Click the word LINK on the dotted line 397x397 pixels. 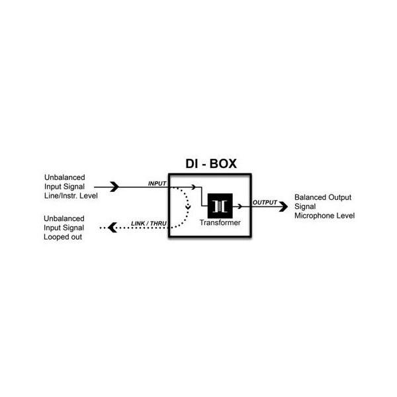pyautogui.click(x=139, y=224)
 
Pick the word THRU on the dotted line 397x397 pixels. pyautogui.click(x=158, y=224)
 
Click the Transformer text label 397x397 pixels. pyautogui.click(x=220, y=223)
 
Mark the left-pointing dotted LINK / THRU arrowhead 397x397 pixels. pyautogui.click(x=111, y=228)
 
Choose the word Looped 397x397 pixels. pyautogui.click(x=56, y=236)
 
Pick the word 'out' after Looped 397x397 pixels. pyautogui.click(x=75, y=236)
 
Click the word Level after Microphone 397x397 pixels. pyautogui.click(x=345, y=216)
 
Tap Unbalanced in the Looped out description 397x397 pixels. pyautogui.click(x=64, y=218)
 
